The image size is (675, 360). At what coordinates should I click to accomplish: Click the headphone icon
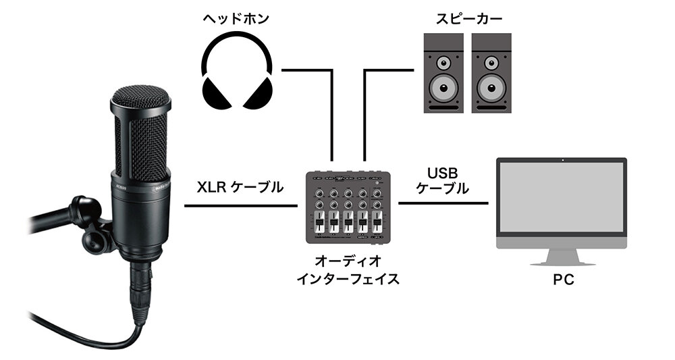tap(239, 74)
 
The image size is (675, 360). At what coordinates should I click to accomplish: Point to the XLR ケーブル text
tap(240, 188)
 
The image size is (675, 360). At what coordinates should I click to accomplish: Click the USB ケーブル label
tap(443, 182)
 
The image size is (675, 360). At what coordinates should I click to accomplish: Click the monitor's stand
tap(562, 255)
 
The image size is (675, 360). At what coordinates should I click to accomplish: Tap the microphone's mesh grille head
tap(141, 128)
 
